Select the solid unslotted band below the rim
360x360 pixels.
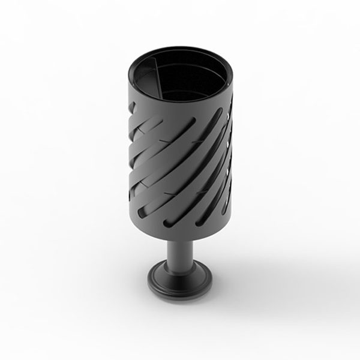coord(180,114)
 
